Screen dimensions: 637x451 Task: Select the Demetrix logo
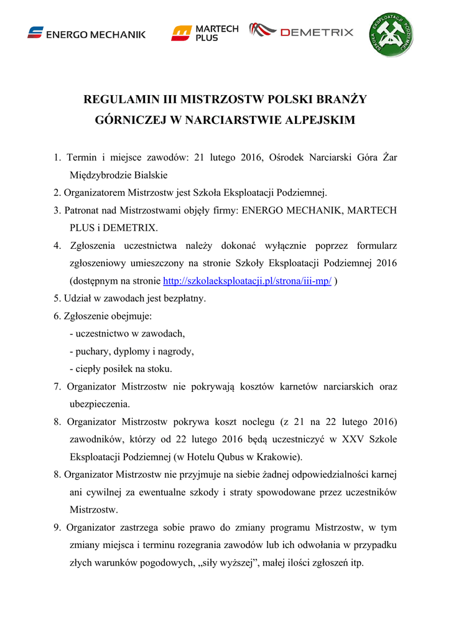(301, 31)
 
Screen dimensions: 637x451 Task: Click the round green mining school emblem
(388, 34)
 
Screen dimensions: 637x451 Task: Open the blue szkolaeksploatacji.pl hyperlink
(247, 281)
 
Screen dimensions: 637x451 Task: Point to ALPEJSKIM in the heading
(320, 119)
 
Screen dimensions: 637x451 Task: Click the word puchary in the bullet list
(93, 351)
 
